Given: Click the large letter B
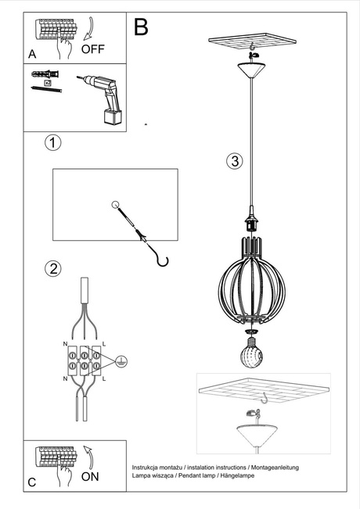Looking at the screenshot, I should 141,27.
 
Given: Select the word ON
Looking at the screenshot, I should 91,475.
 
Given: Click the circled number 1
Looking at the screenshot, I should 52,143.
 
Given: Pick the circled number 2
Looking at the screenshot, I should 52,269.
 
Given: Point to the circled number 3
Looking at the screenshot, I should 233,162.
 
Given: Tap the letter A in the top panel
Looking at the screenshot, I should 32,55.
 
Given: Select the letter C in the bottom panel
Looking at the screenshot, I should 32,482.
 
